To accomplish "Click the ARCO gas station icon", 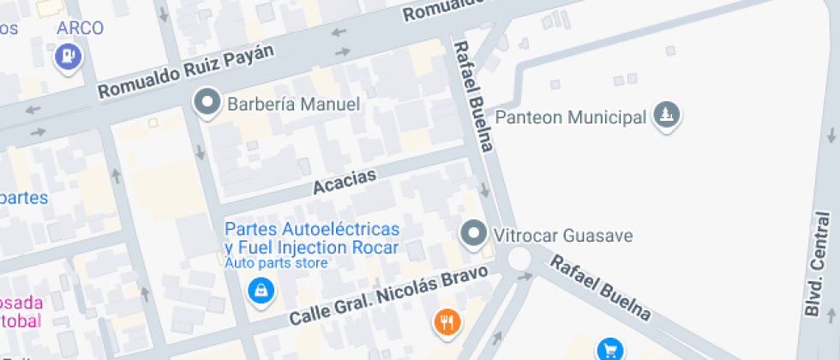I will (68, 57).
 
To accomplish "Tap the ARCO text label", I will (80, 28).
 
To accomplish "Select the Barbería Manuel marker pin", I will (206, 104).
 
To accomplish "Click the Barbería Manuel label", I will (293, 105).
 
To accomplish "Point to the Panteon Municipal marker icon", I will (666, 115).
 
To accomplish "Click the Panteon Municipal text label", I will (571, 117).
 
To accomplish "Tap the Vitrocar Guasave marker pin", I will (472, 233).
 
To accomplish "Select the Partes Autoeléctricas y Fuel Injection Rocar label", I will (312, 239).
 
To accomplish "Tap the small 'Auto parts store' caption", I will (276, 263).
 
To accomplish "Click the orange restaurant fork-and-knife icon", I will (447, 322).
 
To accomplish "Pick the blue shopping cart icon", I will (610, 349).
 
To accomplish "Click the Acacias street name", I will (345, 181).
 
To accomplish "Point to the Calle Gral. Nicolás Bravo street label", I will (388, 296).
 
